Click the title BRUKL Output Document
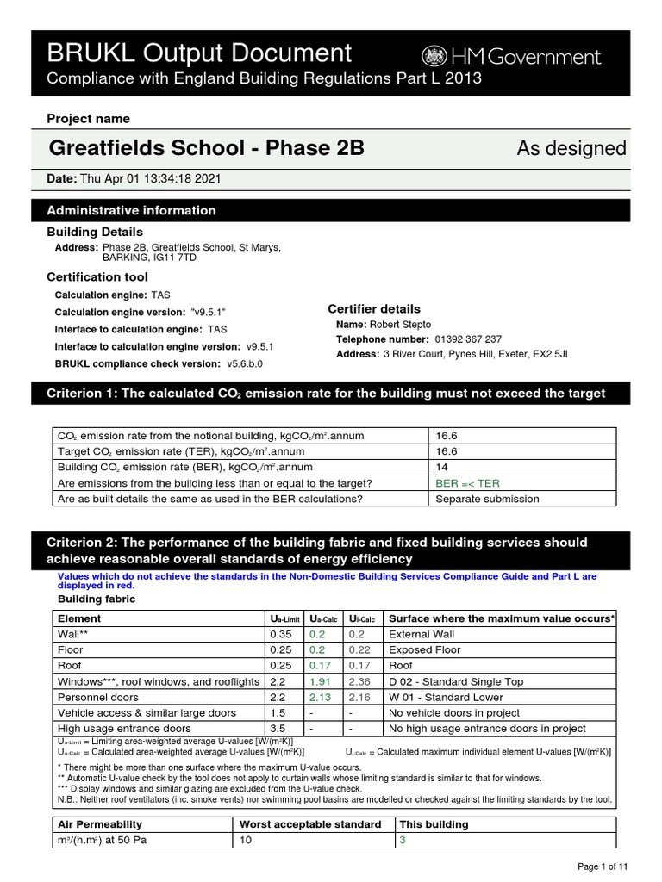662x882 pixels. coord(200,53)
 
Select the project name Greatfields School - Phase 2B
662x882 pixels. coord(207,148)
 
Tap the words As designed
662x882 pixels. coord(571,148)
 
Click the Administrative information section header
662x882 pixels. coord(131,210)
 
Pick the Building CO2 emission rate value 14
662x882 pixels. coord(443,467)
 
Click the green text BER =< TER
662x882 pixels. coord(467,483)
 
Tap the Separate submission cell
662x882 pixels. coord(487,499)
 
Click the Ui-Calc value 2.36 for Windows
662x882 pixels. coord(359,681)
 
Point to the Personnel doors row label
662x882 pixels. coord(97,697)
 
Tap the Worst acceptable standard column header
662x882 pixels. coord(309,824)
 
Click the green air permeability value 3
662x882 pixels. coord(402,840)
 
